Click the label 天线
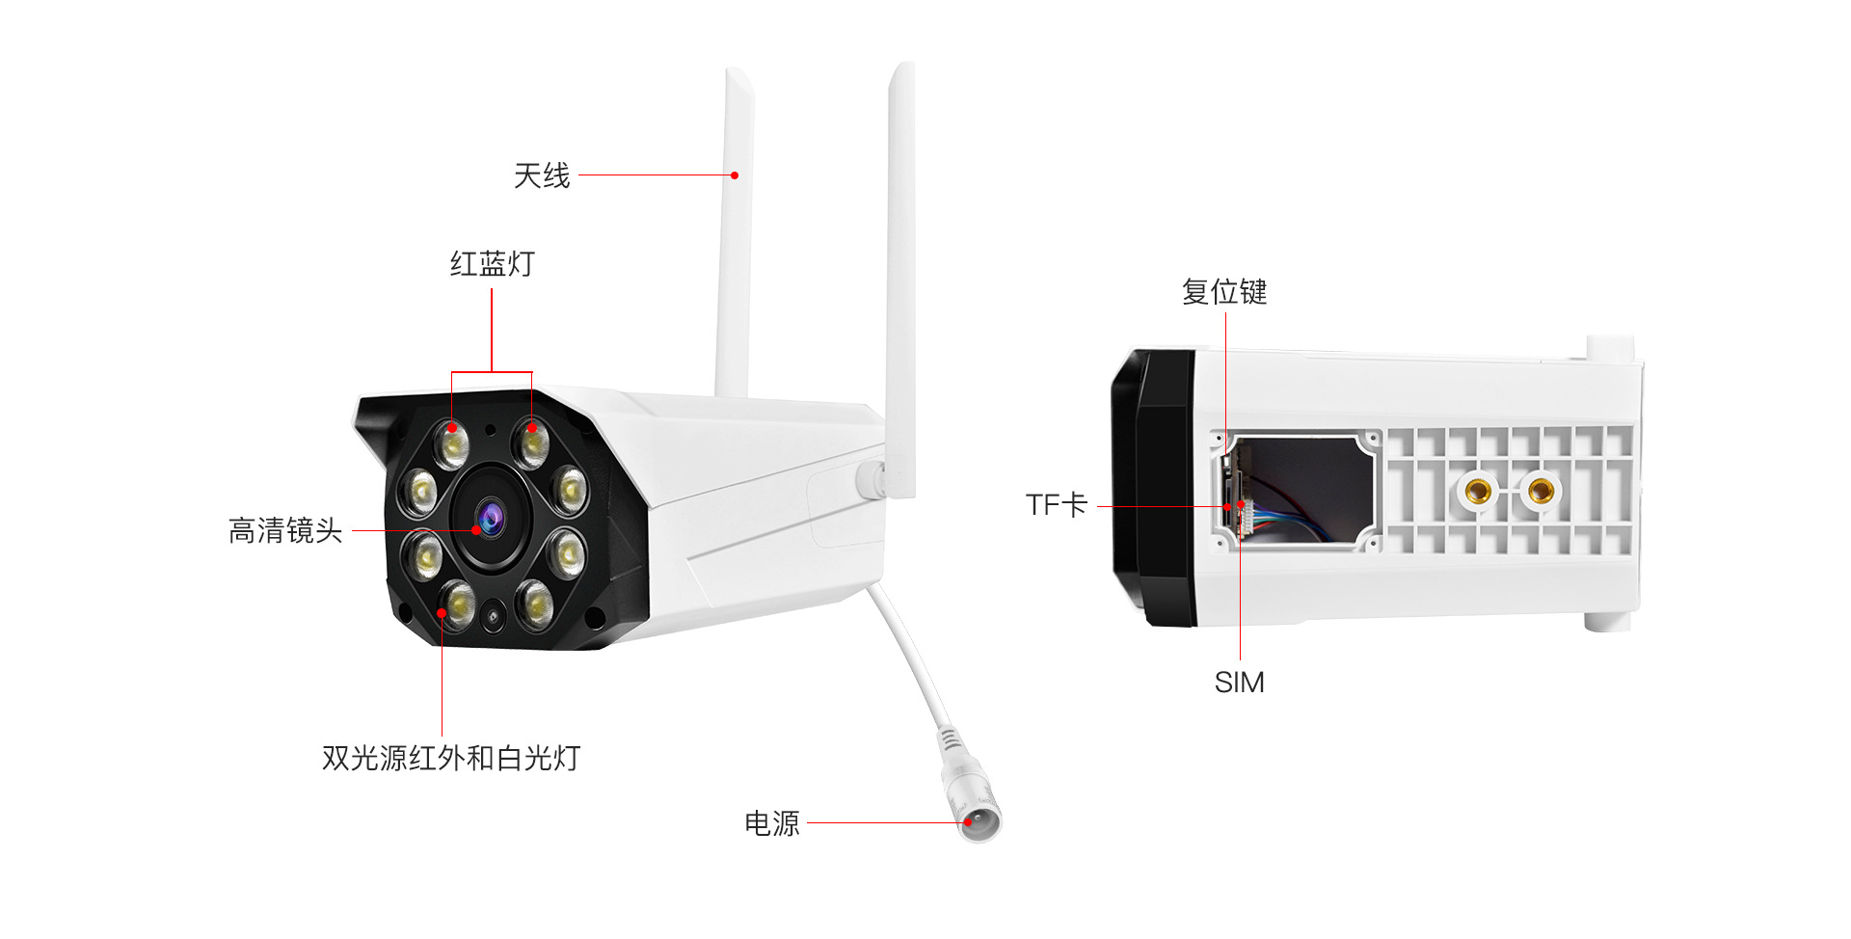point(542,176)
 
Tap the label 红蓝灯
point(492,264)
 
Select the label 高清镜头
point(285,531)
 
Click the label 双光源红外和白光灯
point(451,759)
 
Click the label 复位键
point(1224,292)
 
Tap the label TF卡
point(1057,505)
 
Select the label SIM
point(1239,683)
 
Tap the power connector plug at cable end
point(979,815)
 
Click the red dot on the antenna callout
point(735,175)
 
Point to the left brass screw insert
point(1478,492)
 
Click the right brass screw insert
point(1541,491)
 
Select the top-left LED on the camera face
point(451,443)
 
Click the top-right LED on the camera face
point(530,442)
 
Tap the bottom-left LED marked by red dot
point(457,604)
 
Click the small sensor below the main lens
point(494,614)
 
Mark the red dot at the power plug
point(968,823)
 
